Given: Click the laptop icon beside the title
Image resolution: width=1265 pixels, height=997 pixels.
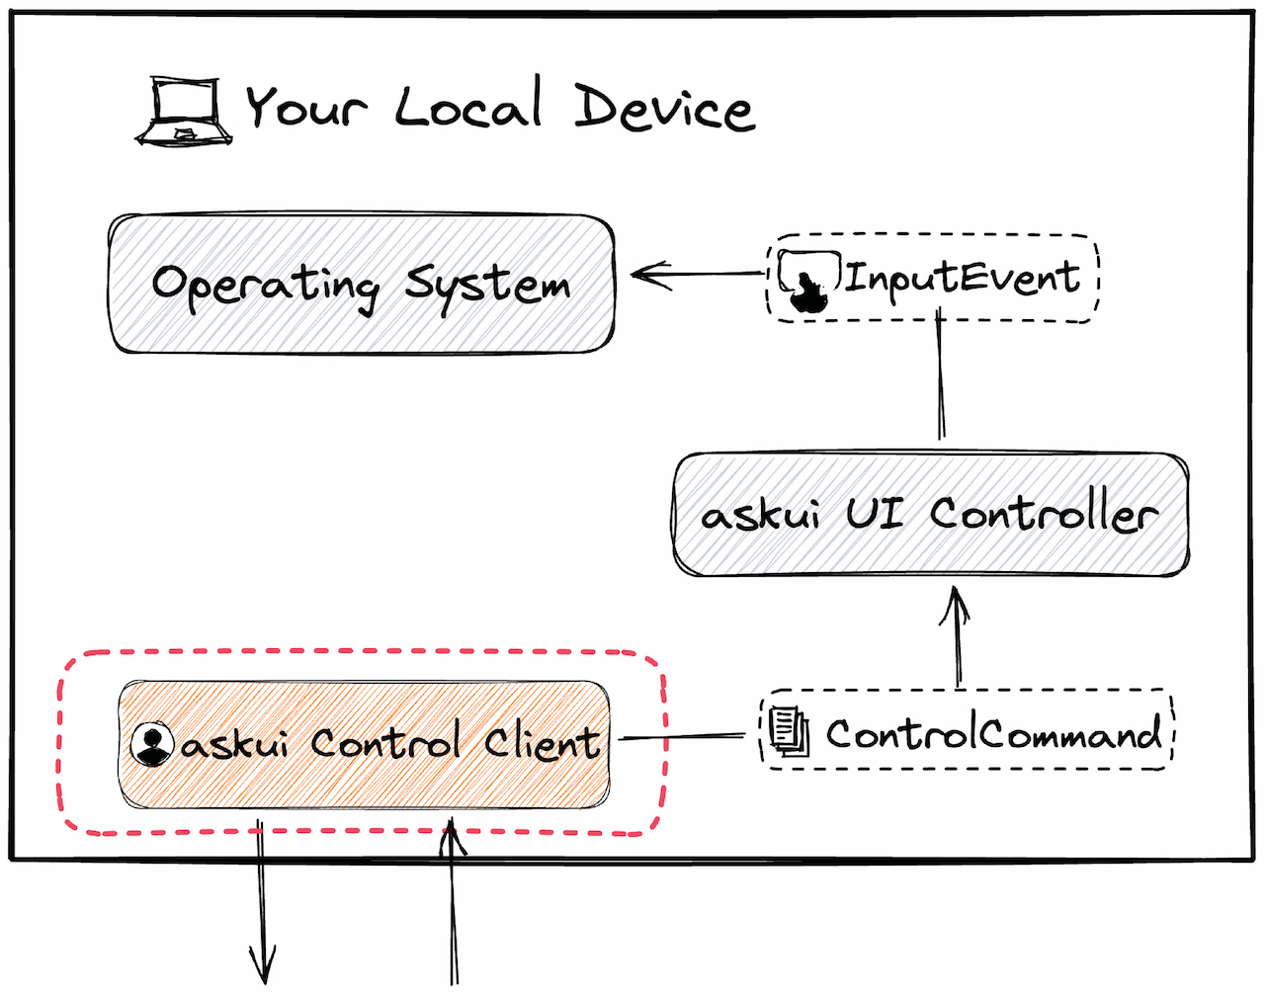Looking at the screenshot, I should (184, 111).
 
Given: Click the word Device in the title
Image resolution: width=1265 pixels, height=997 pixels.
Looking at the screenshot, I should (664, 107).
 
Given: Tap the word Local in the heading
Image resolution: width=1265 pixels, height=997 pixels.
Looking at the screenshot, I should (469, 104).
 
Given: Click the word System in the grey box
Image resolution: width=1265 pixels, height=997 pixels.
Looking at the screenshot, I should (488, 285).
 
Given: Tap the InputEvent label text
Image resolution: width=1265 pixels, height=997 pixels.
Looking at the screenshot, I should (962, 278).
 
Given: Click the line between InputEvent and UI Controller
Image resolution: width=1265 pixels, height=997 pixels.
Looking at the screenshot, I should (940, 380).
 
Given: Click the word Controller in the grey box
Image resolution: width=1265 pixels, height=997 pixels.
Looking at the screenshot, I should (1043, 514).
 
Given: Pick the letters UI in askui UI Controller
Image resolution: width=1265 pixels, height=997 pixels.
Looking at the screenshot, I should (874, 513).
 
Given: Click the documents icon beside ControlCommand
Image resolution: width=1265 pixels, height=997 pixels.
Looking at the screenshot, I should (789, 731).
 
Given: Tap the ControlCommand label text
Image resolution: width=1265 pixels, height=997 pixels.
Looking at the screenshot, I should (993, 734).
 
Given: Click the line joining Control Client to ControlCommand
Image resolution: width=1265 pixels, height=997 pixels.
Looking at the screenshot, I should (682, 737).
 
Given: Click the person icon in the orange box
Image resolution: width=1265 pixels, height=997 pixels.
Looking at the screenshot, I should (152, 744).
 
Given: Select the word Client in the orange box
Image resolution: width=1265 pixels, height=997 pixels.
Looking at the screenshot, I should (542, 742).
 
